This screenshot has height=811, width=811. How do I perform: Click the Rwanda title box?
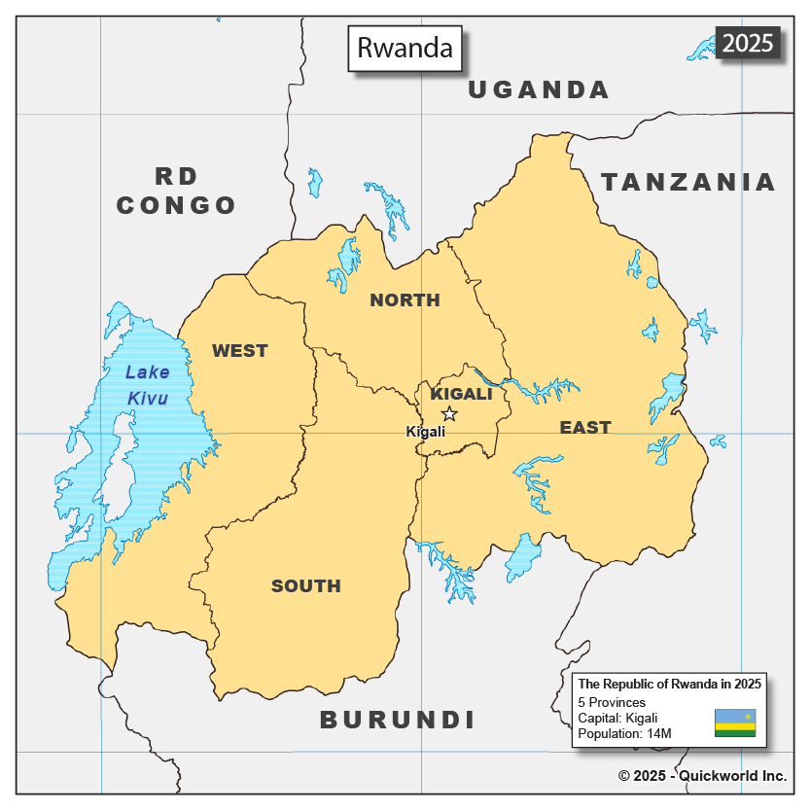pyautogui.click(x=405, y=49)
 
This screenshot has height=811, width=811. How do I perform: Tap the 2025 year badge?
pyautogui.click(x=747, y=43)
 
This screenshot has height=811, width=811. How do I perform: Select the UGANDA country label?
pyautogui.click(x=539, y=90)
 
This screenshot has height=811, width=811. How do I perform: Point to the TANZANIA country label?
pyautogui.click(x=688, y=182)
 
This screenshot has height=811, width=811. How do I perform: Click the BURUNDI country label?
pyautogui.click(x=398, y=720)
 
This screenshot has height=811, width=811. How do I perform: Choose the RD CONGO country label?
pyautogui.click(x=176, y=191)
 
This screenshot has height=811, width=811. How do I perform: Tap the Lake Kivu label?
pyautogui.click(x=147, y=385)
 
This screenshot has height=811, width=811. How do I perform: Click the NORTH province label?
pyautogui.click(x=405, y=300)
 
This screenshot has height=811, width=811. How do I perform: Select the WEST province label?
pyautogui.click(x=239, y=351)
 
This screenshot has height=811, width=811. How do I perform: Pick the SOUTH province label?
pyautogui.click(x=305, y=585)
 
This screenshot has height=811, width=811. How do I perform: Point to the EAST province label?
pyautogui.click(x=584, y=427)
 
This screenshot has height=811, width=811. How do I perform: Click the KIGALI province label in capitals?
pyautogui.click(x=461, y=394)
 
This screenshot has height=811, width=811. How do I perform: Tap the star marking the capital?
pyautogui.click(x=449, y=413)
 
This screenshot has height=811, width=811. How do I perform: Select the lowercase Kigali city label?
pyautogui.click(x=425, y=431)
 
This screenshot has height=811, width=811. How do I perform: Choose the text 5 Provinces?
pyautogui.click(x=612, y=702)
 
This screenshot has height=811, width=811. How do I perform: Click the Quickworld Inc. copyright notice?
pyautogui.click(x=701, y=775)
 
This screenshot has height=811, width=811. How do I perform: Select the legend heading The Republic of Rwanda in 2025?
pyautogui.click(x=669, y=684)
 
